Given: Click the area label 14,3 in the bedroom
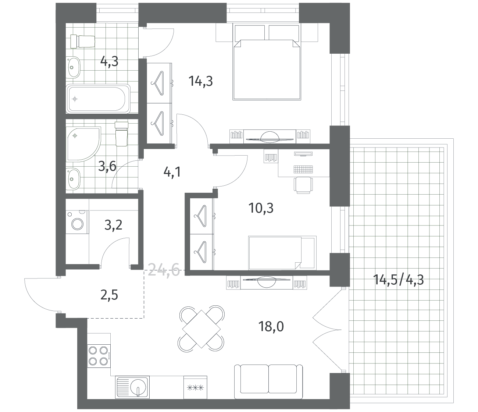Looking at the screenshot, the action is pos(200,81).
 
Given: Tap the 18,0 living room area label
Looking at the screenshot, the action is pos(271,327).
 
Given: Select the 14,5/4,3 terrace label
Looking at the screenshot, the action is pos(399,280).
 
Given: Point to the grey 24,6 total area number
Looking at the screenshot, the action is pos(164,270).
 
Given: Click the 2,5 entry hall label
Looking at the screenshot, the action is pos(109,296).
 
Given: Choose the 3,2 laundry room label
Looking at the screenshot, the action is pos(113,225).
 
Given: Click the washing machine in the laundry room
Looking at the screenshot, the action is pos(77,222).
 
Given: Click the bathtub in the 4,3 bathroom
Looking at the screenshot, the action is pos(98,99).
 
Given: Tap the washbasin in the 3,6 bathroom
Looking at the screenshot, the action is pos(73,178).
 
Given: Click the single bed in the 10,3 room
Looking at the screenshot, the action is pos(282,253).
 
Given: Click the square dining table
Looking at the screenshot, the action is pos(201,329).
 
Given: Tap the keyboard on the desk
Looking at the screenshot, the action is pos(303,169).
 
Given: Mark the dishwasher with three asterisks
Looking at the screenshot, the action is pos(195,387).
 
